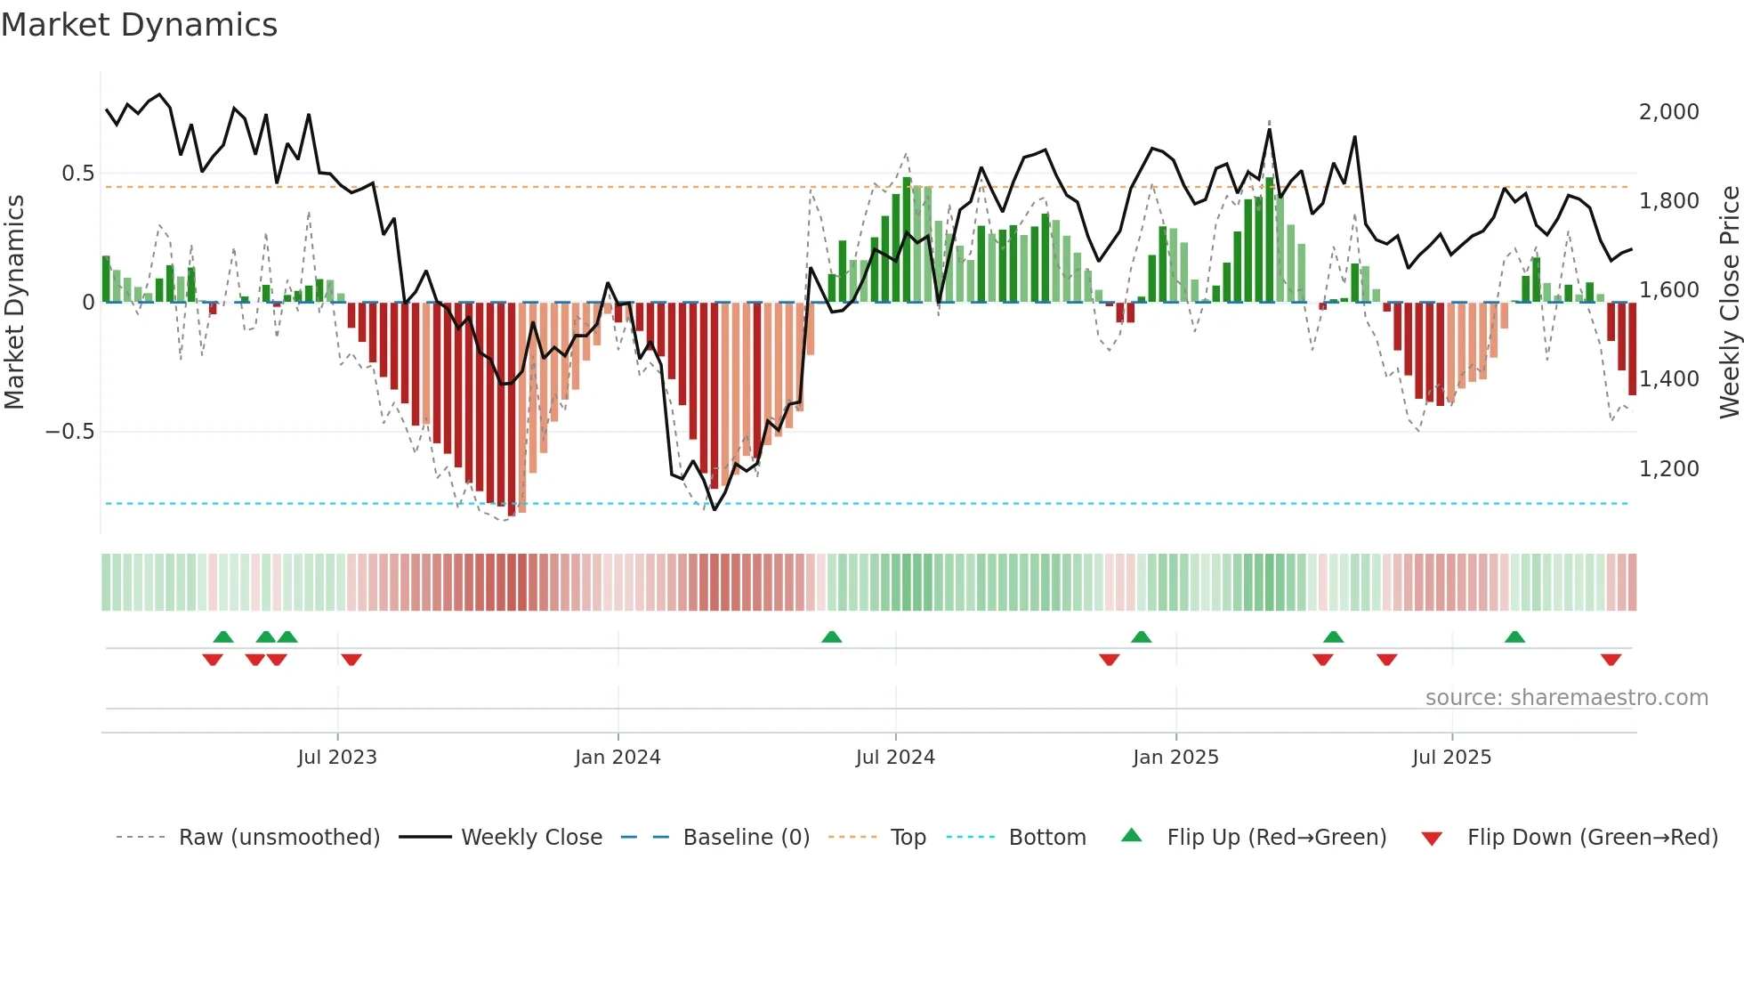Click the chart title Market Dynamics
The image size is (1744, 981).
pos(139,25)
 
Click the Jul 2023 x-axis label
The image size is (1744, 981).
pos(337,758)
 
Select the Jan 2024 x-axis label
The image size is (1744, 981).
pos(618,758)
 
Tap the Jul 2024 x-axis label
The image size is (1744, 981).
pos(895,758)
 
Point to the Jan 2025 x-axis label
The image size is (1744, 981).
pos(1175,758)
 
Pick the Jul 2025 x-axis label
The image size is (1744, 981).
pos(1451,758)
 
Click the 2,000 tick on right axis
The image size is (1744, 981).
pos(1668,112)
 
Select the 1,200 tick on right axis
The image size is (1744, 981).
pos(1668,469)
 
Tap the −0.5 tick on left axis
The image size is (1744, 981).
pos(69,432)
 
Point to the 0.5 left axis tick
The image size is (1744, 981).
pos(77,174)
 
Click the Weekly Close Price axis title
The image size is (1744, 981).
pos(1729,303)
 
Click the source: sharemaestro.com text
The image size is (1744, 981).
pos(1566,698)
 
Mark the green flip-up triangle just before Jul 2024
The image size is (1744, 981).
pos(831,637)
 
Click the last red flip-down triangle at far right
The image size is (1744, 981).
pos(1611,660)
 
